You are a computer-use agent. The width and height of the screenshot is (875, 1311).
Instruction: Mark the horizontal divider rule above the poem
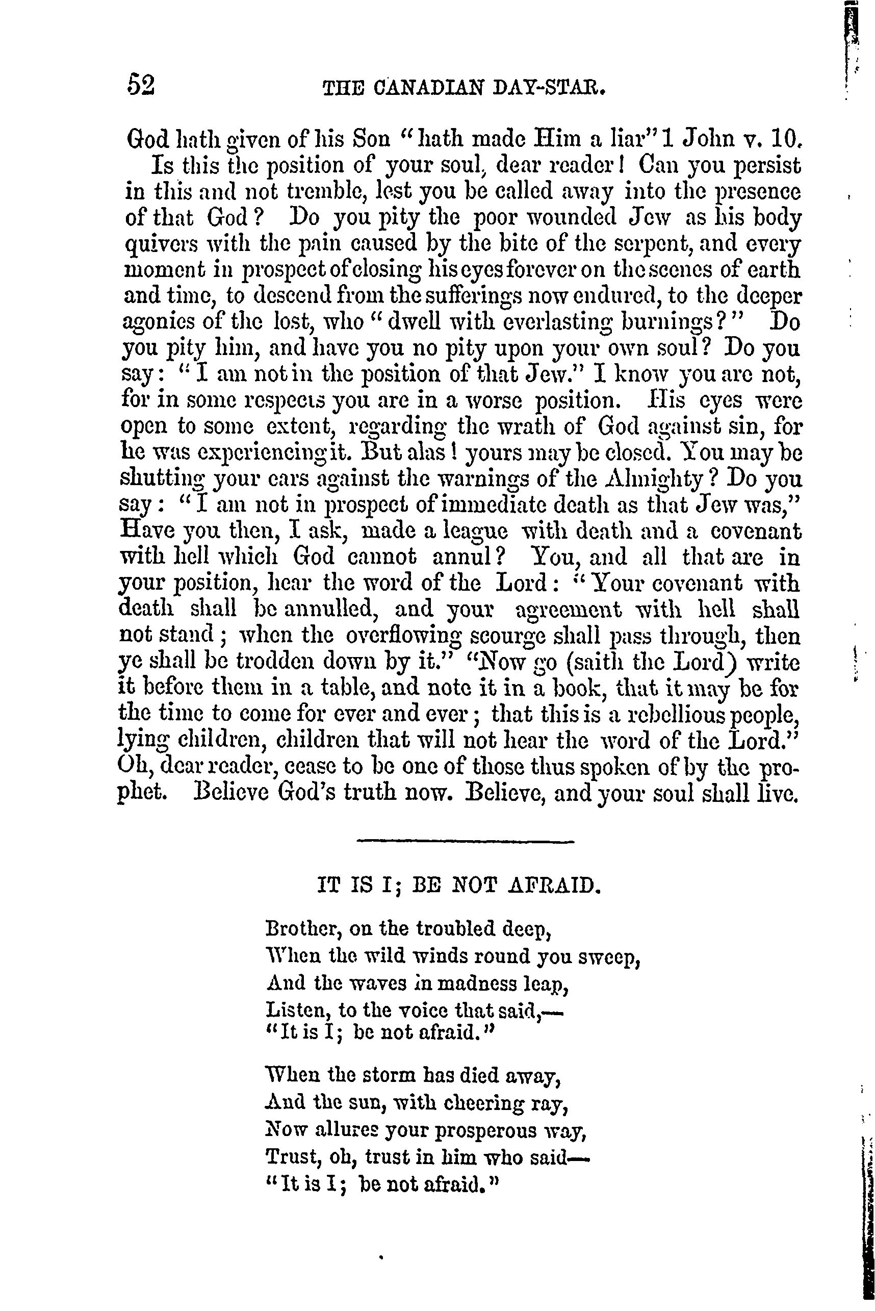click(465, 841)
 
